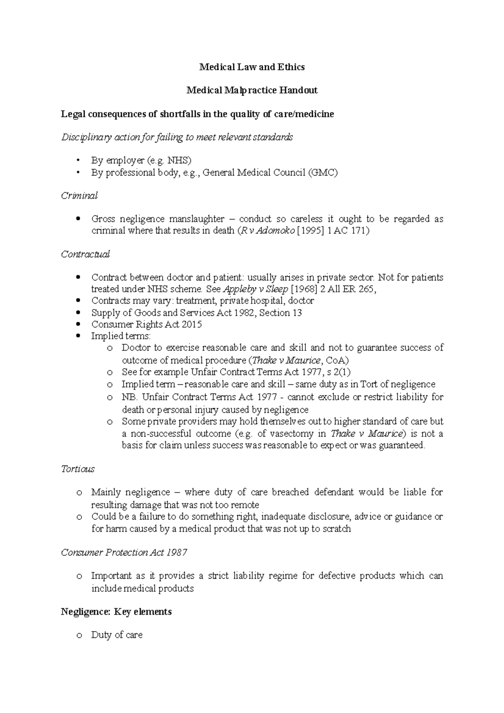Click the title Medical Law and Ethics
tap(252, 67)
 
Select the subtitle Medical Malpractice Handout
tap(252, 90)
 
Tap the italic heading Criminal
tap(79, 196)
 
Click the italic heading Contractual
tap(85, 254)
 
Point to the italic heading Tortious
tap(78, 469)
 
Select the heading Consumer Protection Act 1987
tap(124, 553)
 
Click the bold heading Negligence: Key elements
tap(116, 612)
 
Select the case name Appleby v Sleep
tap(255, 289)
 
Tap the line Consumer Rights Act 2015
tap(147, 325)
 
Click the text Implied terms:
tap(121, 336)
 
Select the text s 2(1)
tap(339, 372)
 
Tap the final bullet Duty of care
tap(117, 635)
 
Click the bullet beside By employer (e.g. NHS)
tap(78, 160)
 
